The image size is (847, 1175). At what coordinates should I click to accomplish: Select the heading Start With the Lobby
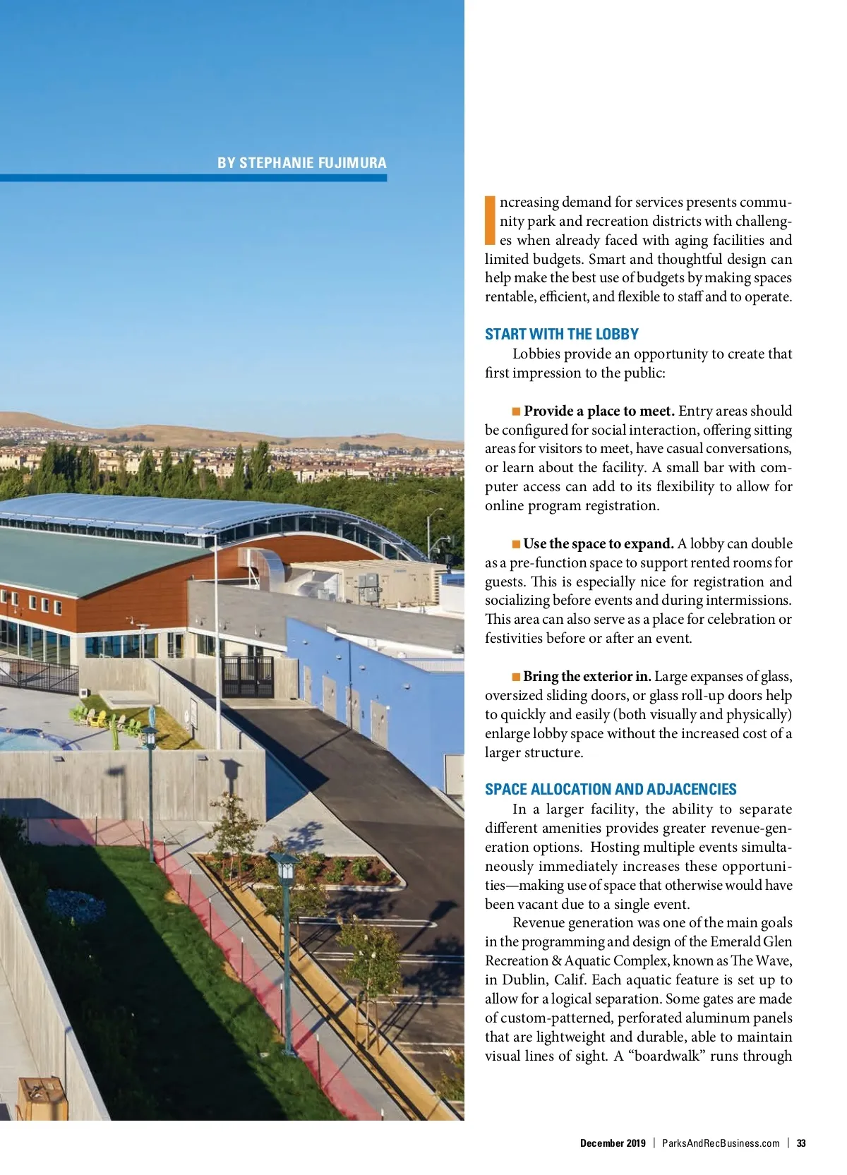coord(561,334)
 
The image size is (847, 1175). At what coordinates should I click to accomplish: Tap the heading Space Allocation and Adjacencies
coord(611,789)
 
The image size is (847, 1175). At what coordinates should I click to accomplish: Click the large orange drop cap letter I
coord(491,220)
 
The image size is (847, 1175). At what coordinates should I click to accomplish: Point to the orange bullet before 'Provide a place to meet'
coord(517,411)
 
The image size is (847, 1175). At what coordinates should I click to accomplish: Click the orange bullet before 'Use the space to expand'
coord(517,543)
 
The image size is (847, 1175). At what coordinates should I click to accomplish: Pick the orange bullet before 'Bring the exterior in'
coord(517,676)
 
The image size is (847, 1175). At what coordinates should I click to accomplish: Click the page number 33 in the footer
coord(801,1143)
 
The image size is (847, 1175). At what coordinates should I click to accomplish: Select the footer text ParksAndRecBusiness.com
coord(721,1143)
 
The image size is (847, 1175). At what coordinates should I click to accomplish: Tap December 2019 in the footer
coord(613,1143)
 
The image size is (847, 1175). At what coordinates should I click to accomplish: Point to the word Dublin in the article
coord(525,980)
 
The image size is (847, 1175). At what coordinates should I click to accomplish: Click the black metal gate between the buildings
coord(247,675)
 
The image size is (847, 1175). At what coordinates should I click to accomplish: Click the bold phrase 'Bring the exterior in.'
coord(587,676)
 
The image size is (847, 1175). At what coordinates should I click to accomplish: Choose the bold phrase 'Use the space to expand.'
coord(599,543)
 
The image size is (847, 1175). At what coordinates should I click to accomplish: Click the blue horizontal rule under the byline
coord(193,178)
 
